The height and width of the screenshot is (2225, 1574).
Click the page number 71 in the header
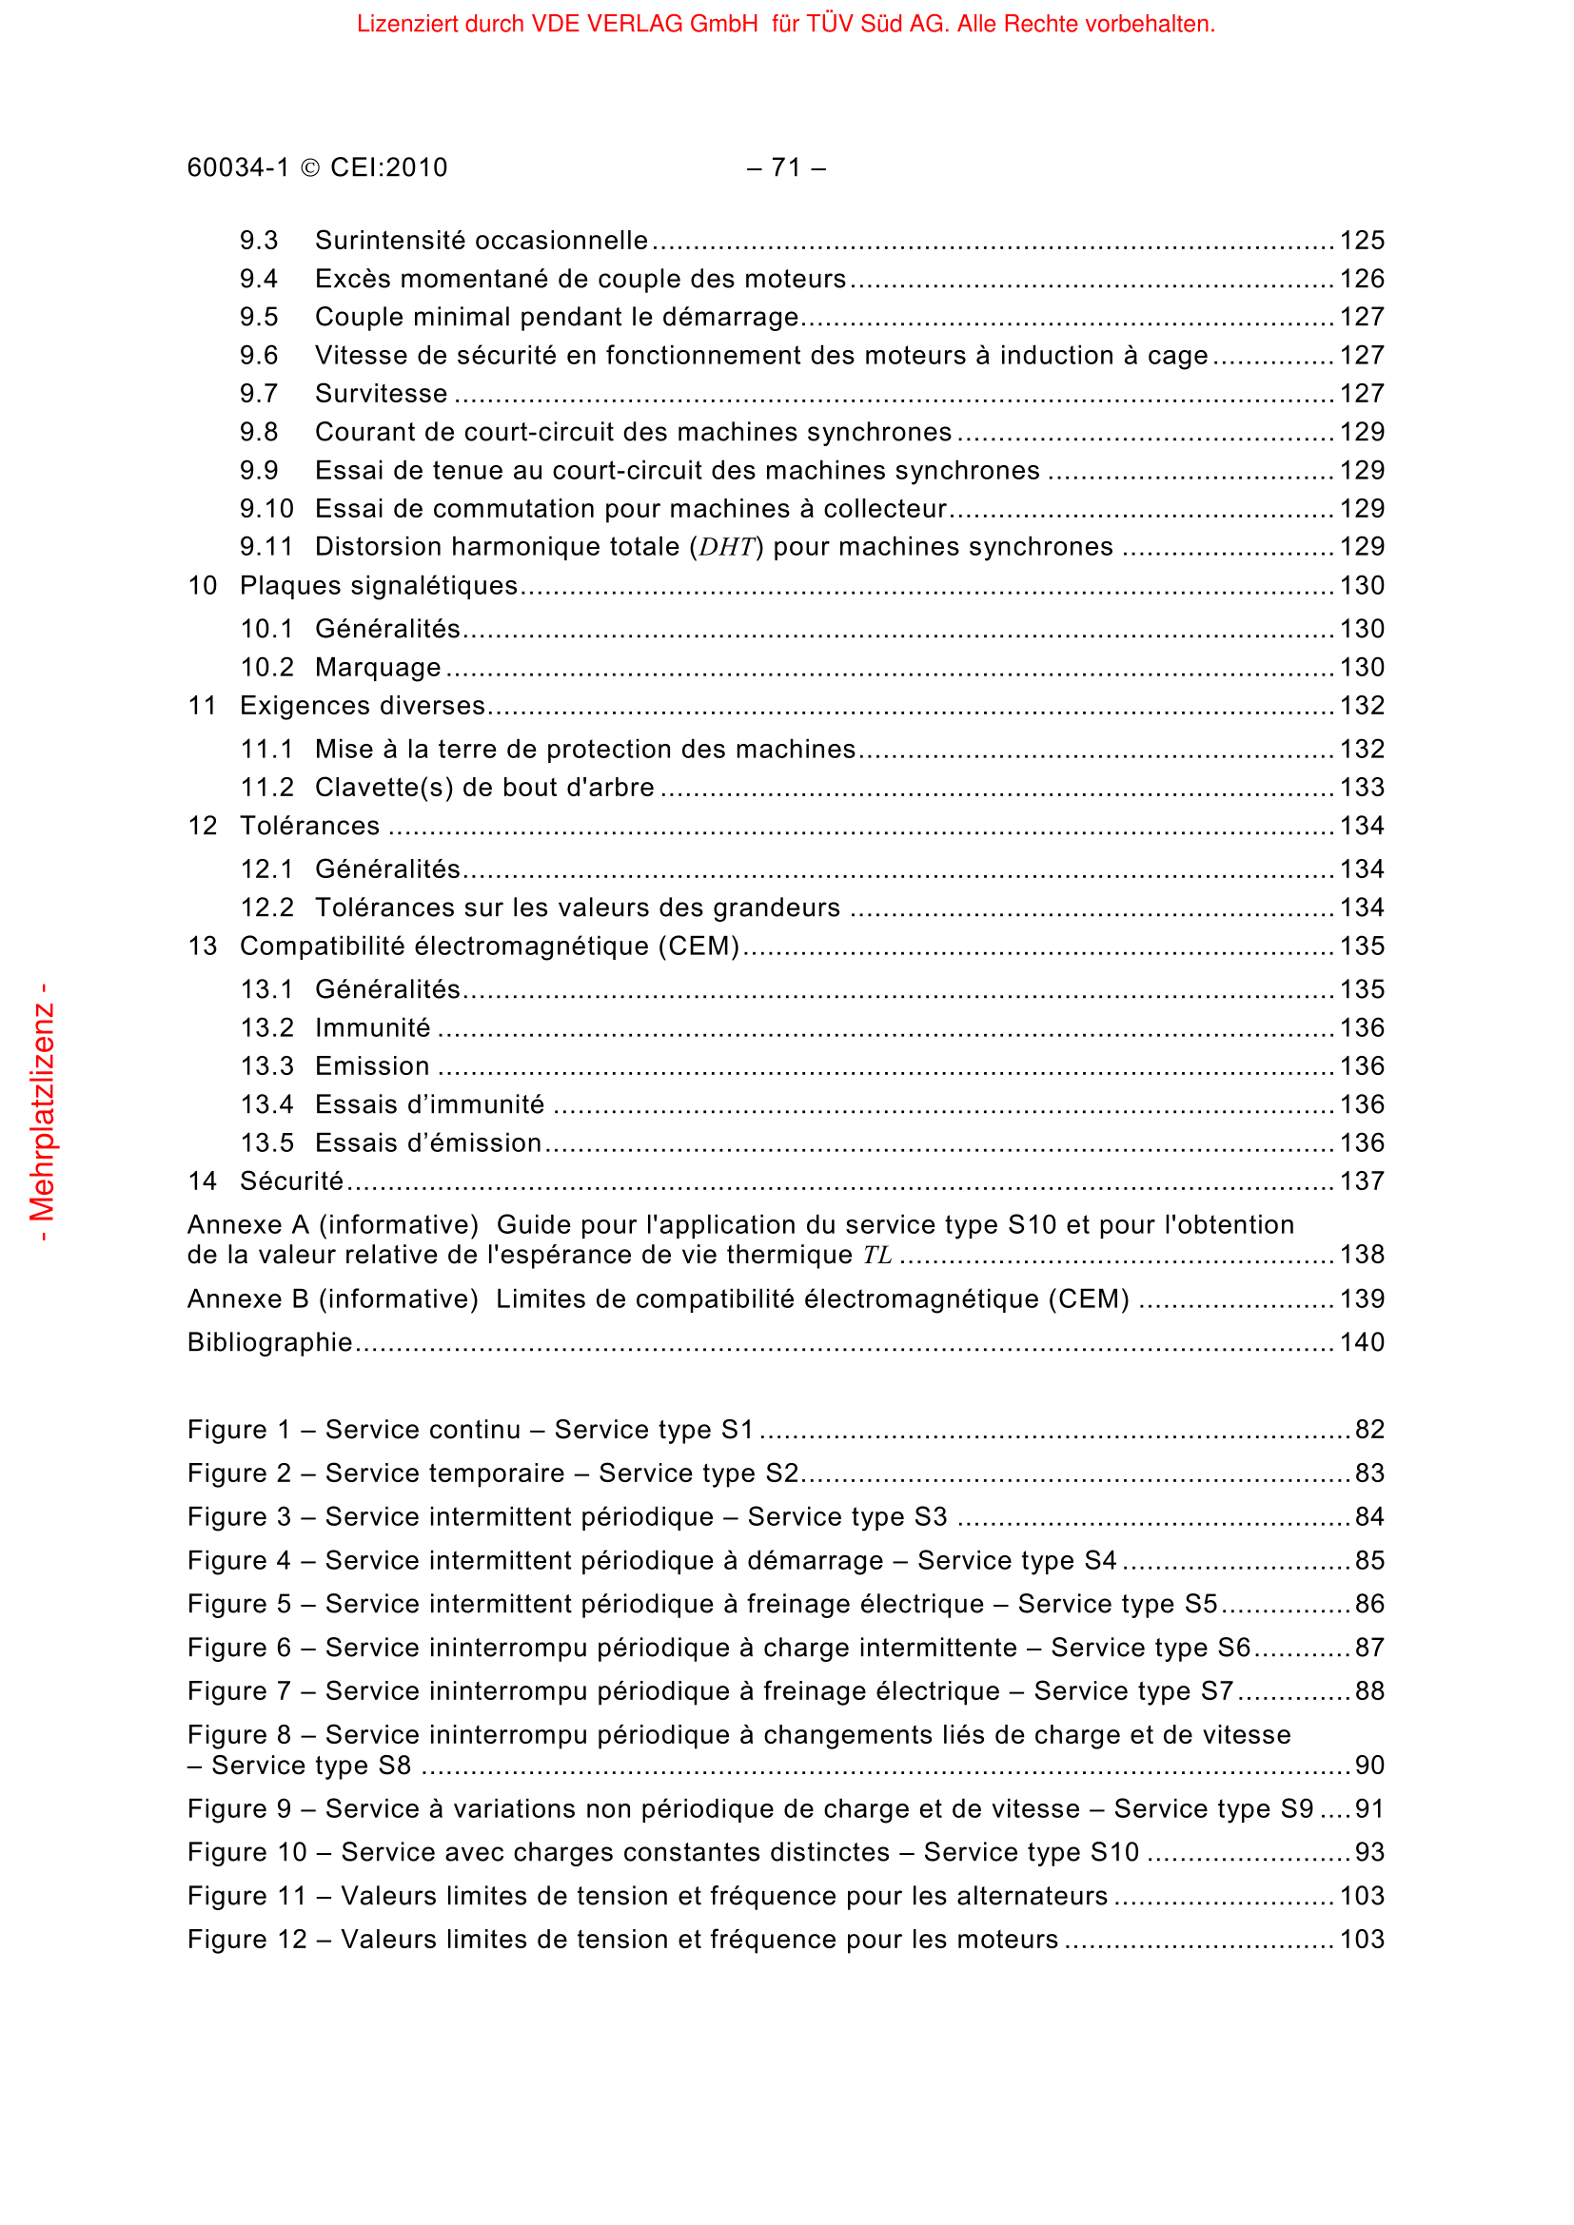[x=785, y=167]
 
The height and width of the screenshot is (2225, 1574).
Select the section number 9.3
[x=259, y=241]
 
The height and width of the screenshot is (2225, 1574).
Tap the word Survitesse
[x=381, y=394]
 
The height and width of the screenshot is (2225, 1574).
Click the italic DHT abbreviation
[x=726, y=548]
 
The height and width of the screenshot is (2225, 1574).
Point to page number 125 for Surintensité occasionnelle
[x=1362, y=241]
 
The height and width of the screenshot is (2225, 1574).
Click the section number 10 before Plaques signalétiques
[x=203, y=585]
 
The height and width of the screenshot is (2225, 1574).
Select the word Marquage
[x=378, y=668]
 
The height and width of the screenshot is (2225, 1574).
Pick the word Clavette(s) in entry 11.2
[x=384, y=787]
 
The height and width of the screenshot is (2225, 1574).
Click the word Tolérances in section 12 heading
[x=310, y=826]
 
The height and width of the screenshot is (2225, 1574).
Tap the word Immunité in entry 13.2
[x=372, y=1027]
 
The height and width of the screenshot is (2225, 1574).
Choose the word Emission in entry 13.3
[x=372, y=1066]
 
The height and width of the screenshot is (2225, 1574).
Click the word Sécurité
[x=292, y=1181]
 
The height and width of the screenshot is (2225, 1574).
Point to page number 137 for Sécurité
[x=1362, y=1181]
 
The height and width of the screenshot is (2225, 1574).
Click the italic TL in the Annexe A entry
[x=877, y=1255]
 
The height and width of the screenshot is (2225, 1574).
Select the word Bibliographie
[x=269, y=1342]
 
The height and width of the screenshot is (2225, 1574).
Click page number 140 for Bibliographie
[x=1362, y=1342]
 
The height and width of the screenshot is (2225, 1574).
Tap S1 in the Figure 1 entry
[x=738, y=1430]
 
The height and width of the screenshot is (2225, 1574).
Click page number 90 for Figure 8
[x=1368, y=1765]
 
